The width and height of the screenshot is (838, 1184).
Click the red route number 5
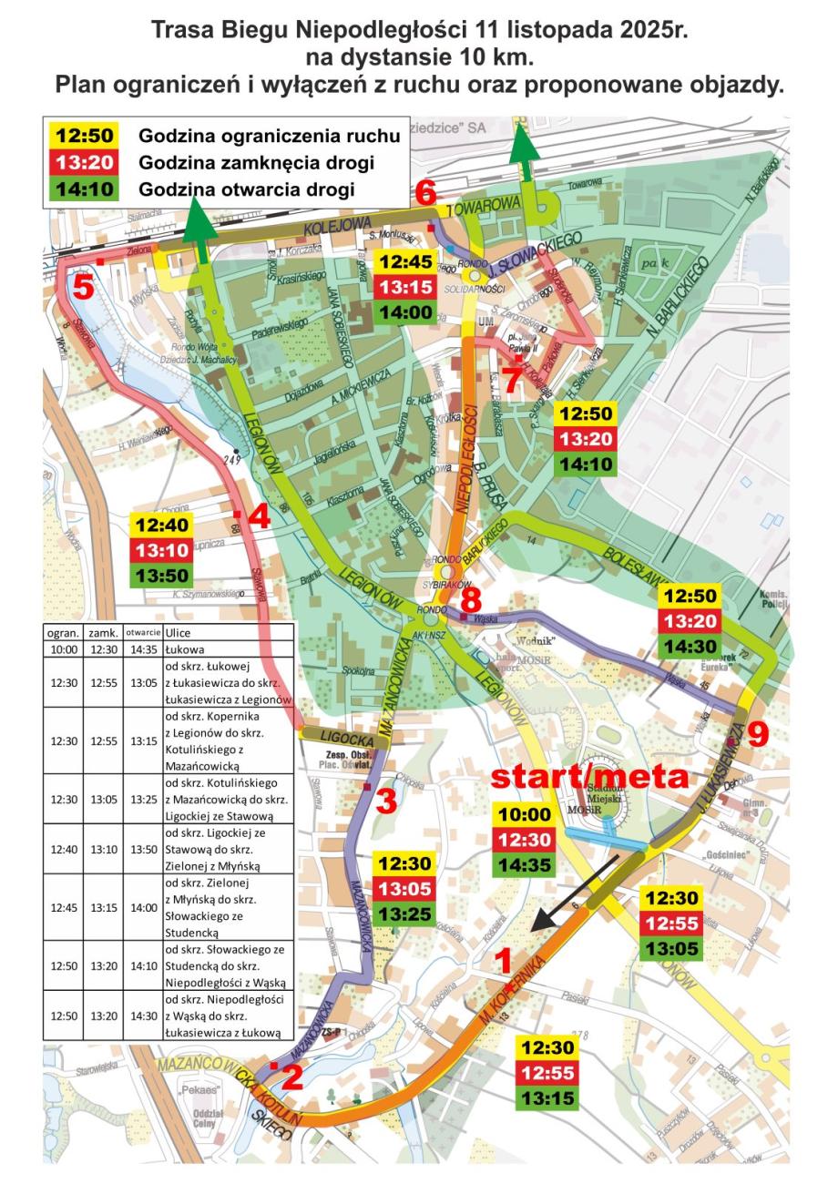coord(83,288)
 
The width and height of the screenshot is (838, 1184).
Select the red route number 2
coord(291,1077)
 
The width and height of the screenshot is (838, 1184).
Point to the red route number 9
coord(758,734)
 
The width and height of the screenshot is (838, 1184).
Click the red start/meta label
coord(589,776)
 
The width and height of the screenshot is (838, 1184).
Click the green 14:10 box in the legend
coord(85,190)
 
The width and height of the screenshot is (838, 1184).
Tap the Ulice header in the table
coord(179,632)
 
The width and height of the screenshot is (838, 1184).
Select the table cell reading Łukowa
coord(185,649)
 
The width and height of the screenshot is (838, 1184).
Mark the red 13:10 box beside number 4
coord(162,550)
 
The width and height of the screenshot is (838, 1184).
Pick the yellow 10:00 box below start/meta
coord(524,815)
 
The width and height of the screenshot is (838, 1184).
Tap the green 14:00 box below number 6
coord(406,312)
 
